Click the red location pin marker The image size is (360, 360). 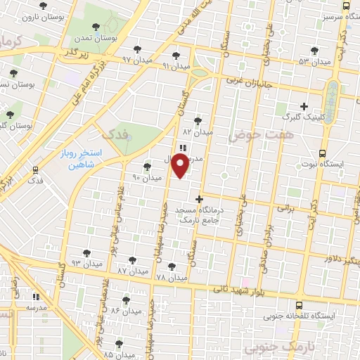[x=181, y=166]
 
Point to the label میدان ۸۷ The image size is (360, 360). [x=133, y=271]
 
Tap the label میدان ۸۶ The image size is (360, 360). [x=126, y=310]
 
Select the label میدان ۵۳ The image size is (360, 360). [x=314, y=62]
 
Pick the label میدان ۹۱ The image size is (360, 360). [x=176, y=65]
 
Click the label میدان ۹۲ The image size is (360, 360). [x=136, y=59]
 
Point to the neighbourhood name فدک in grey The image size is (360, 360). [x=117, y=134]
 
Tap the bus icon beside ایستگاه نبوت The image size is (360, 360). [x=323, y=152]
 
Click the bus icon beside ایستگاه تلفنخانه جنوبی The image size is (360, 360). [x=300, y=305]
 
